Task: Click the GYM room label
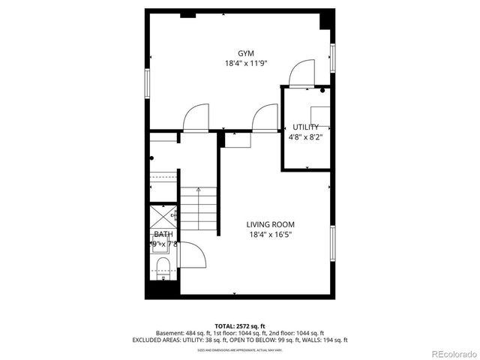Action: [245, 53]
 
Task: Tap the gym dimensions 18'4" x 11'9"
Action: [245, 64]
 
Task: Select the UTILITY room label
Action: [306, 127]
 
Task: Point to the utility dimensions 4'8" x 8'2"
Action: [306, 137]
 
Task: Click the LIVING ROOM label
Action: [270, 224]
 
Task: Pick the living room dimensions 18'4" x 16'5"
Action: [270, 235]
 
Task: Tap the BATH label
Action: [163, 234]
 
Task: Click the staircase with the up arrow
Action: [198, 210]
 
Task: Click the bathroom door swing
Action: [192, 255]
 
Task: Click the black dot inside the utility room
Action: [322, 91]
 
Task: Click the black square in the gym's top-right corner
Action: [325, 18]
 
